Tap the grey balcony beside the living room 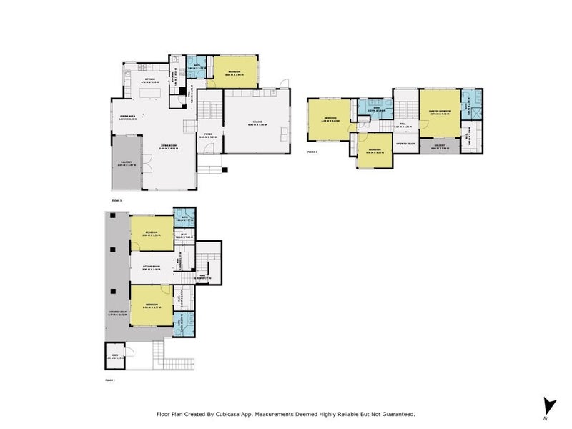click(x=126, y=163)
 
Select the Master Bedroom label click(x=440, y=111)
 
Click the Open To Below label click(x=405, y=143)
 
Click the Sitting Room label click(x=150, y=268)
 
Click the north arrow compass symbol click(x=548, y=405)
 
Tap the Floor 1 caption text click(x=109, y=380)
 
